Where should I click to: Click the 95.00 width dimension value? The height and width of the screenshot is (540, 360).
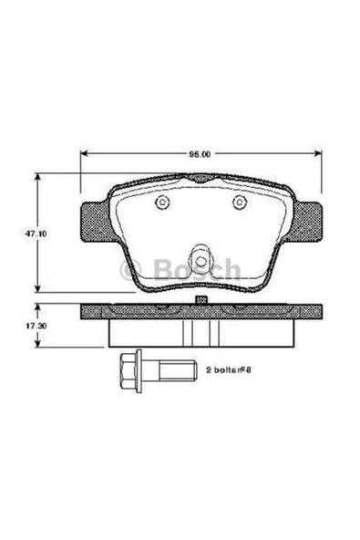coord(200,155)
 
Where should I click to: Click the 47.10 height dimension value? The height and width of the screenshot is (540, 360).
coord(36,234)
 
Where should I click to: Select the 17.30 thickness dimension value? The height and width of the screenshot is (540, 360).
coord(36,326)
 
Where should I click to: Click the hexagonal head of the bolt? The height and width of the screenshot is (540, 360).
coord(128,370)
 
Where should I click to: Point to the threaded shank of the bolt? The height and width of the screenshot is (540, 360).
coord(178,370)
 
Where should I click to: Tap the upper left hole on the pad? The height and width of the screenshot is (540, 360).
coord(162,202)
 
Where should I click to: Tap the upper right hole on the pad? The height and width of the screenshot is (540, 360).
coord(239,202)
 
